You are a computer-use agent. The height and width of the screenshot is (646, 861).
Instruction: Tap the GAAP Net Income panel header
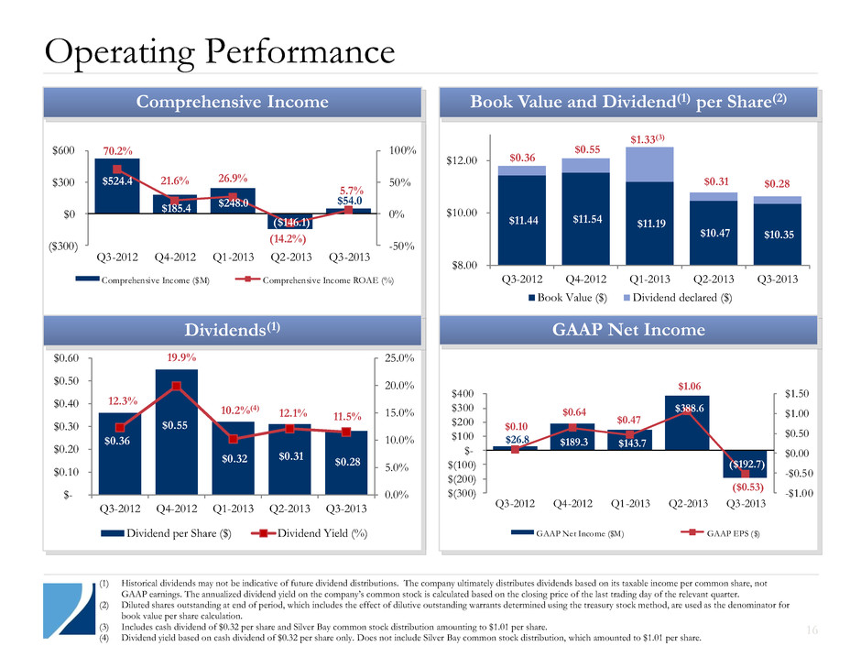tap(628, 330)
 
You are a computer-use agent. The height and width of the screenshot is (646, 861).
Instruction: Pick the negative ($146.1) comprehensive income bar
tap(292, 222)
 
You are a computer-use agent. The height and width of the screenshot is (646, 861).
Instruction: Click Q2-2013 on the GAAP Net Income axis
tap(687, 502)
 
